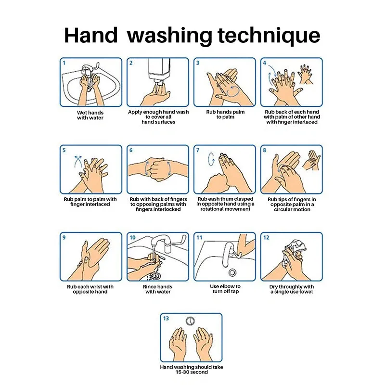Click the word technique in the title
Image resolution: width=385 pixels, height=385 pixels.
click(x=269, y=36)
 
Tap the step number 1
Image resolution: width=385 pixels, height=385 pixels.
click(x=64, y=63)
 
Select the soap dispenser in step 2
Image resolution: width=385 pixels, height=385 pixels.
click(x=159, y=71)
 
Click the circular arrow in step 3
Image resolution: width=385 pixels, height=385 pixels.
click(x=233, y=91)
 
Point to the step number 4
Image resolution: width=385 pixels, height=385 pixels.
click(x=264, y=63)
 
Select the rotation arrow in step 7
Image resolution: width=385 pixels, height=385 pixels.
click(x=211, y=159)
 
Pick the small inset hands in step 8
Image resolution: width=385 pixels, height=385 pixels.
click(x=311, y=160)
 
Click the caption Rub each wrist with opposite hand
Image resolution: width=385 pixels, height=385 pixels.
click(x=90, y=289)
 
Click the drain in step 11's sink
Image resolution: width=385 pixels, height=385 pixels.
click(x=232, y=272)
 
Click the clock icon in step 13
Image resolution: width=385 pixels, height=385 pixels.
click(x=190, y=321)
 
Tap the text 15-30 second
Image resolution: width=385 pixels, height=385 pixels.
click(x=192, y=372)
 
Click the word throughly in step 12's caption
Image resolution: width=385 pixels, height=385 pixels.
click(x=290, y=287)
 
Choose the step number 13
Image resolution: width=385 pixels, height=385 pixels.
click(x=166, y=319)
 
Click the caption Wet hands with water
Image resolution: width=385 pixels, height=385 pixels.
click(x=90, y=115)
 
